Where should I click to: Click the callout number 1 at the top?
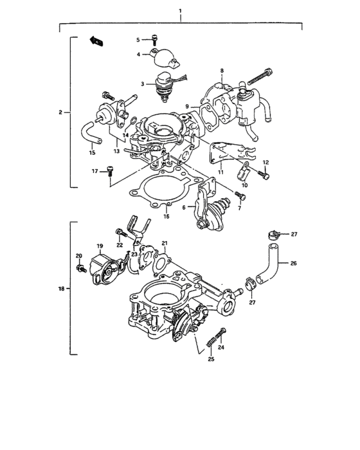pyautogui.click(x=181, y=12)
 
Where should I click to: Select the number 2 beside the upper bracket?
pyautogui.click(x=60, y=113)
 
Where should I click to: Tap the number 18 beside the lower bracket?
pyautogui.click(x=60, y=290)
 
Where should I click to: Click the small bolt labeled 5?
pyautogui.click(x=154, y=40)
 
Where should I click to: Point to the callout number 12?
pyautogui.click(x=265, y=161)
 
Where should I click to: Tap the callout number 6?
pyautogui.click(x=184, y=208)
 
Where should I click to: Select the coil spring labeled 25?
pyautogui.click(x=210, y=346)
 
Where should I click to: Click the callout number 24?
pyautogui.click(x=222, y=348)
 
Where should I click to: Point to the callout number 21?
pyautogui.click(x=164, y=243)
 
